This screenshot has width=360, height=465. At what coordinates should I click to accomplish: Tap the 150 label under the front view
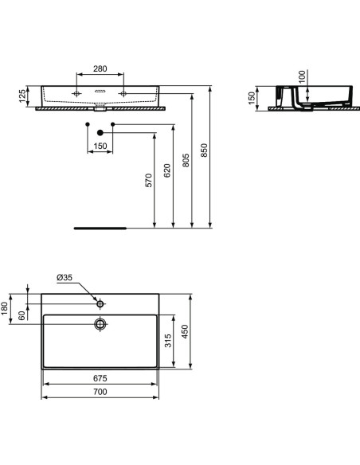(100, 146)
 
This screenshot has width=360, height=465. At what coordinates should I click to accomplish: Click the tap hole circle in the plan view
(100, 303)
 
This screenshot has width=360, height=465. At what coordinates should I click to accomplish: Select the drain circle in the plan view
(100, 324)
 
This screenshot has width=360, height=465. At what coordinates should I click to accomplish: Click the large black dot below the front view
(100, 132)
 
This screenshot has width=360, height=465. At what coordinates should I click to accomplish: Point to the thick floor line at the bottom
(100, 227)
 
